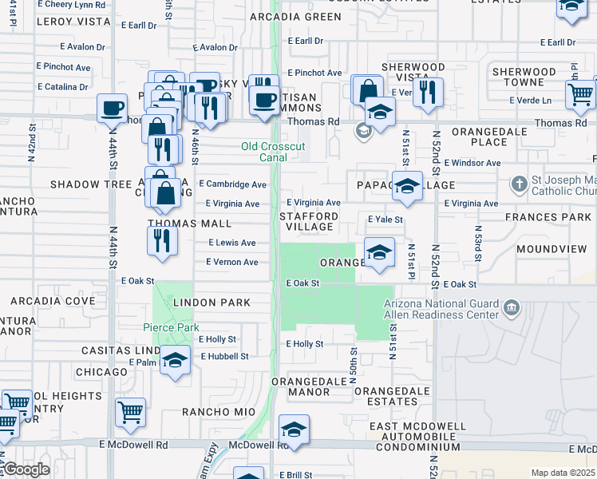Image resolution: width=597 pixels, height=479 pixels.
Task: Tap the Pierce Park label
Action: tap(171, 327)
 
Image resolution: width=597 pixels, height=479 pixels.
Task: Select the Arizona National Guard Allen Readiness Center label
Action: tap(441, 309)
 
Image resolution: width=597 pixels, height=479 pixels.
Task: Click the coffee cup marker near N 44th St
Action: tap(112, 108)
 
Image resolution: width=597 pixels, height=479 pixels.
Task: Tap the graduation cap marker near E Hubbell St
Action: tap(175, 359)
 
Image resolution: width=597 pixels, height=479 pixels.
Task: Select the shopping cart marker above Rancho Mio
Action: tap(130, 412)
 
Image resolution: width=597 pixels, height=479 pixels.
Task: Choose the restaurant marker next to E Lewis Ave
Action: tap(162, 240)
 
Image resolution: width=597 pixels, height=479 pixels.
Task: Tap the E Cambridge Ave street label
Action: tap(232, 184)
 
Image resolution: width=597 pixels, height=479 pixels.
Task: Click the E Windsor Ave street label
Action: tap(472, 163)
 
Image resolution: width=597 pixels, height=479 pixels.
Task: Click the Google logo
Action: tap(26, 469)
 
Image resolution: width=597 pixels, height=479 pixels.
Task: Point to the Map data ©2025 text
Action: tap(563, 473)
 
